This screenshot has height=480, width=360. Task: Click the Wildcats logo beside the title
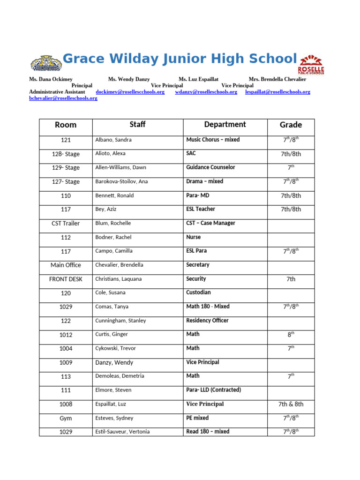pos(45,63)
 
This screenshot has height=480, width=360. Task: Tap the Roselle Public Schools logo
pos(311,64)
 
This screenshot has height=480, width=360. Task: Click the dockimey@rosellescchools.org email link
pos(130,92)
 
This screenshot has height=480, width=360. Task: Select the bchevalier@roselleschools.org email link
pos(63,98)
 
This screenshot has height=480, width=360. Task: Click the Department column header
pos(225,125)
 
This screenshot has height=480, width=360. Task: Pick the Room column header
pos(66,125)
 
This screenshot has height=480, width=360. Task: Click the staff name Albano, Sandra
pos(113,140)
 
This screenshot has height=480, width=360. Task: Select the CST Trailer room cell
pos(66,223)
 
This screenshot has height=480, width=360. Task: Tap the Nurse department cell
pos(193,237)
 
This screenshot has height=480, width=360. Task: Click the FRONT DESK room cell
pos(66,279)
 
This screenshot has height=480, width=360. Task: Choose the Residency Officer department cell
pos(207,321)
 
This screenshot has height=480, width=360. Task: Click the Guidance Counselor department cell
pos(210,167)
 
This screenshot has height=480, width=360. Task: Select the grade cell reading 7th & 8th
pos(291,404)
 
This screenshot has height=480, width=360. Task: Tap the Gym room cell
pos(66,418)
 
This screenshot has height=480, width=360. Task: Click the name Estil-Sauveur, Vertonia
pos(122,432)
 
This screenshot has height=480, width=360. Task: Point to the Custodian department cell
pos(198,292)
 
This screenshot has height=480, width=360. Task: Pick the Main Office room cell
pos(66,265)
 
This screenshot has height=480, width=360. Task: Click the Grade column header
pos(291,125)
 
